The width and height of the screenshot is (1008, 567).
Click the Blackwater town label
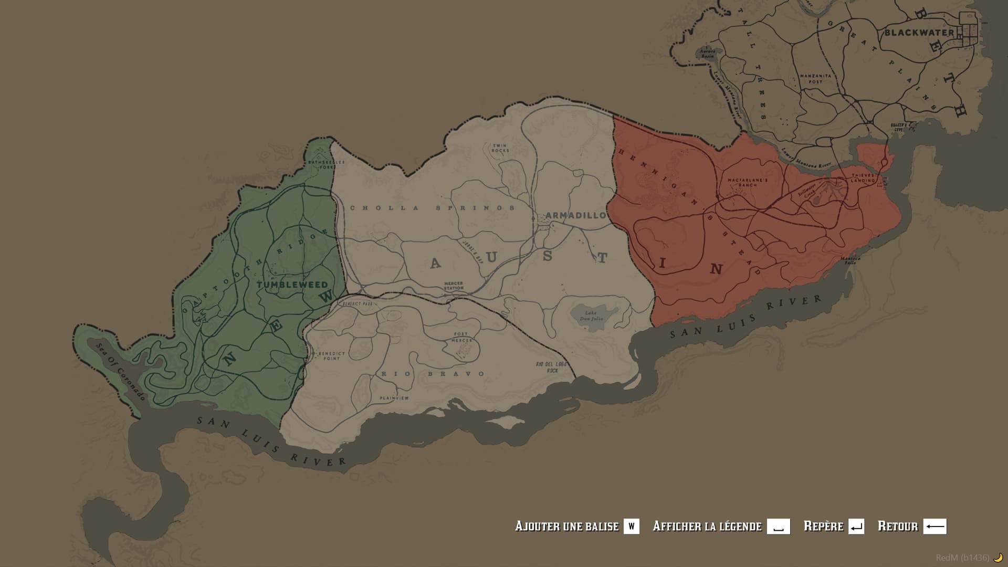(919, 33)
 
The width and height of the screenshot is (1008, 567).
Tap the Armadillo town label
(575, 215)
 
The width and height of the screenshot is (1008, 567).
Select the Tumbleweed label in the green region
(292, 285)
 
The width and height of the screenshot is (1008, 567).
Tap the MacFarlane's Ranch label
(748, 182)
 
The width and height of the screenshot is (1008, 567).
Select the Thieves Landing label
(863, 178)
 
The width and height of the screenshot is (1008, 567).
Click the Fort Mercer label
(462, 337)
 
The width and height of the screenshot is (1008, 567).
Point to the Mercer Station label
(454, 286)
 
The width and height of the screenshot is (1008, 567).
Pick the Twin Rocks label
(500, 148)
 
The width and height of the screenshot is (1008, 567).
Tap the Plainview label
(394, 398)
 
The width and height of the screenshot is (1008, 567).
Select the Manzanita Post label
(815, 79)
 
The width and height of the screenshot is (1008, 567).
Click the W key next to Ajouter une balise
(631, 527)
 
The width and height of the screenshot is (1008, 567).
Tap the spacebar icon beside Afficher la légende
(778, 527)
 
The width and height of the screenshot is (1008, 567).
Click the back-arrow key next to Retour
(934, 527)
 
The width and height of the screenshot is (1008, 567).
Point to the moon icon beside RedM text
(997, 558)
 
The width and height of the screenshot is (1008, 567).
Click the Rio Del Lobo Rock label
(547, 367)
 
